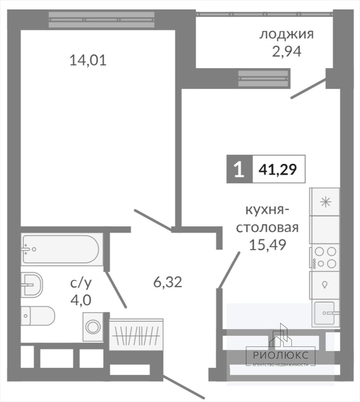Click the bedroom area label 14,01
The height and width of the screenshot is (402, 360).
[88, 61]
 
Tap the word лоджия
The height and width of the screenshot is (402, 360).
[287, 34]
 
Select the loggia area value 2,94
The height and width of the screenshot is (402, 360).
[287, 51]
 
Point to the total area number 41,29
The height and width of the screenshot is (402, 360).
[277, 169]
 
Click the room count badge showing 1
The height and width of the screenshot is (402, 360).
[239, 169]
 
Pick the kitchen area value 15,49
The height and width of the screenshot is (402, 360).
[268, 245]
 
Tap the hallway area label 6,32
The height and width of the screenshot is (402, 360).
[167, 282]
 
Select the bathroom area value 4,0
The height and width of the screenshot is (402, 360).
[81, 300]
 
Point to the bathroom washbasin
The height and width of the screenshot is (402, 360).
[32, 285]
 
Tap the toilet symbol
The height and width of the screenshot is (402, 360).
[38, 316]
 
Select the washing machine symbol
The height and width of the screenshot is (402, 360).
[93, 327]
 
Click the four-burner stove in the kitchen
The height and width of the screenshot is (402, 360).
[325, 258]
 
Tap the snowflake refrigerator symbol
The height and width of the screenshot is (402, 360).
[326, 202]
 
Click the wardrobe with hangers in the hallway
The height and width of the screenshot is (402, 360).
[136, 335]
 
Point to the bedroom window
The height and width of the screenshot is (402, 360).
[102, 20]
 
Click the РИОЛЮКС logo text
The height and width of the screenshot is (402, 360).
[281, 355]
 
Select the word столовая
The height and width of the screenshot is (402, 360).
[267, 227]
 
